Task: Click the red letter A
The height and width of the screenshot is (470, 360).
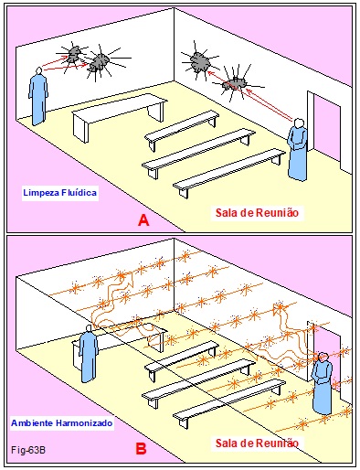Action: click(143, 220)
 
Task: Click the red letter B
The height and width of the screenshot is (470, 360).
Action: click(141, 449)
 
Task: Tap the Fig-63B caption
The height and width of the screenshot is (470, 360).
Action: click(28, 450)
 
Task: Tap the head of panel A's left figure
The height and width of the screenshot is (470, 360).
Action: click(38, 71)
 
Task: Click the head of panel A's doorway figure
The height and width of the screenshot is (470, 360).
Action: click(300, 123)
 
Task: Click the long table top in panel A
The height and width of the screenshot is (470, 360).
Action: click(120, 108)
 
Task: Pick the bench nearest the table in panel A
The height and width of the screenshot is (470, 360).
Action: click(182, 127)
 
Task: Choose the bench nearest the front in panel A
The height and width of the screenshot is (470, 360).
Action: click(229, 172)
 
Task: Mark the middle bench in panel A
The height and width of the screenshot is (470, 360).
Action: click(198, 150)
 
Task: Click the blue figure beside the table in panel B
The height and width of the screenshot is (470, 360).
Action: click(89, 354)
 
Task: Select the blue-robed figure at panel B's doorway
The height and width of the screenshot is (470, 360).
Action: click(323, 383)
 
